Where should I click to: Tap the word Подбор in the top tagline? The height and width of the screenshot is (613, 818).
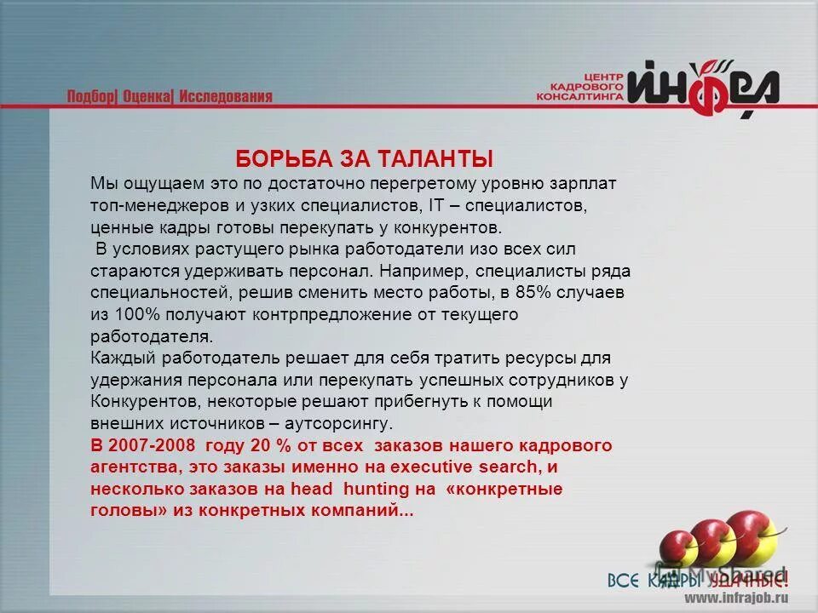coord(91,96)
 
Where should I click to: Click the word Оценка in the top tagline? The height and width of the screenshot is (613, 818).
coord(147,96)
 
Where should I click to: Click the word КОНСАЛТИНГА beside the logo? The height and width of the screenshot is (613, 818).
coord(580,98)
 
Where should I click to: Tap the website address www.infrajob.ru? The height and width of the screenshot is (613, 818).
coord(736,598)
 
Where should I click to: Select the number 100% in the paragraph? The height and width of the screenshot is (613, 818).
coord(127,314)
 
